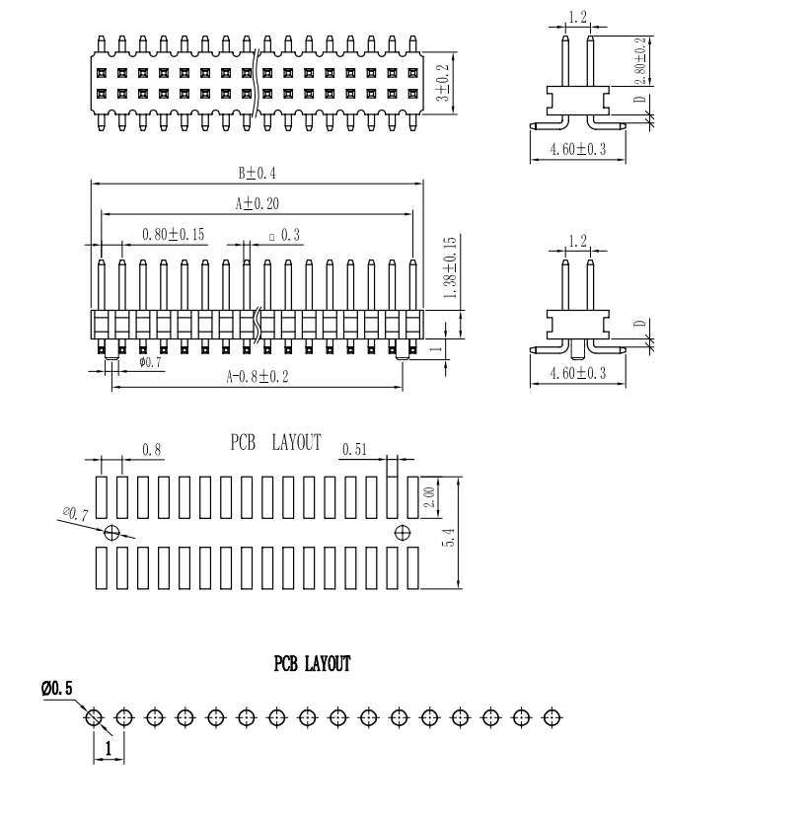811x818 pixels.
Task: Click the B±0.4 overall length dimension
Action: coord(257,173)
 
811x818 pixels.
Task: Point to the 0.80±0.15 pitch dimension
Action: coord(173,235)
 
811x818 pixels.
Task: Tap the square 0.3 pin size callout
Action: coord(285,235)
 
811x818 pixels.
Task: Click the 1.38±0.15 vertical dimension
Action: coord(450,268)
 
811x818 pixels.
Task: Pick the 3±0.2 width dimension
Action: coord(444,84)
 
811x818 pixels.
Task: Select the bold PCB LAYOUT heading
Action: coord(312,664)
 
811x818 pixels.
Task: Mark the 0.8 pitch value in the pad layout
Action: coord(152,450)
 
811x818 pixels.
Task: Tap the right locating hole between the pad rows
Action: coord(402,533)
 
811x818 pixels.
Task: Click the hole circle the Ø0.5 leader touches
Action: coord(94,716)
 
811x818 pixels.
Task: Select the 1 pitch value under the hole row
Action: coord(108,750)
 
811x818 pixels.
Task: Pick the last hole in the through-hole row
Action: coord(553,716)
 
